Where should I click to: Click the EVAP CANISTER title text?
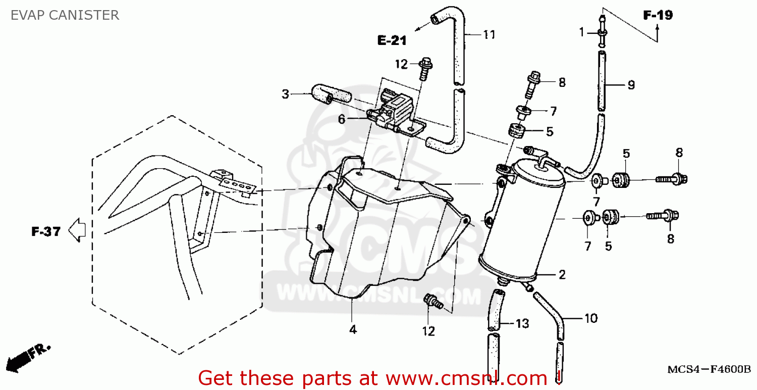click(65, 15)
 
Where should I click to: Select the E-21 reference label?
click(392, 41)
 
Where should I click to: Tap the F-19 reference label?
click(658, 15)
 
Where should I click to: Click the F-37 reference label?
click(46, 232)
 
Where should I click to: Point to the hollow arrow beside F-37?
click(77, 230)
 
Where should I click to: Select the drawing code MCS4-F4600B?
click(709, 369)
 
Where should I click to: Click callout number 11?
click(489, 34)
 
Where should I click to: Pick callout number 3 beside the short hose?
click(285, 93)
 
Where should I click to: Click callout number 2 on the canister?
click(562, 275)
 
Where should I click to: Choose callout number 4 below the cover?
click(353, 330)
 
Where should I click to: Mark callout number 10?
click(590, 318)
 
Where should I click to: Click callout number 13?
click(522, 323)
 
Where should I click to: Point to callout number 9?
click(631, 85)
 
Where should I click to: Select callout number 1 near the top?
click(581, 32)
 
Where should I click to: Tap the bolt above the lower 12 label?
click(433, 302)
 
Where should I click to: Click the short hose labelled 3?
click(331, 95)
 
